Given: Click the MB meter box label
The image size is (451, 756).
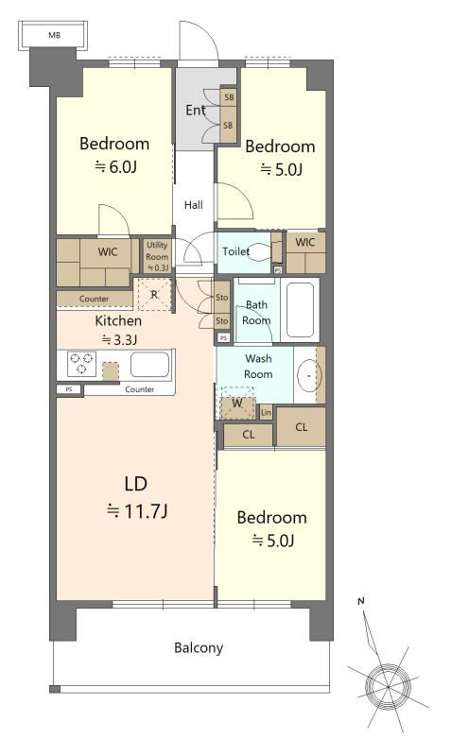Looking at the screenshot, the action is point(55,35).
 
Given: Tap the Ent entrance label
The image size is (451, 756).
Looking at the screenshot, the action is point(196,111).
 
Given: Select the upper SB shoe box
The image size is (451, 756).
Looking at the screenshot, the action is point(229,97).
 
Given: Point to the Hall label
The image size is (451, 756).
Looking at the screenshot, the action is point(194,205).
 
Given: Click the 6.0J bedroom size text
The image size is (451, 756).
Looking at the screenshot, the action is point(115,167).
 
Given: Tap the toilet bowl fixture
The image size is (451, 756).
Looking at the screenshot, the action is point(260,251).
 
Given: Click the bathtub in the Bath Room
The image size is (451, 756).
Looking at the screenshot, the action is point(300,310).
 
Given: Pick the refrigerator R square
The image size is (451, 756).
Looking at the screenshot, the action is point(154,295).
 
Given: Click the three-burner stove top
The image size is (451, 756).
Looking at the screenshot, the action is point(81,364).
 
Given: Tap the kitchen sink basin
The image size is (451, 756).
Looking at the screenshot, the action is point(150,365).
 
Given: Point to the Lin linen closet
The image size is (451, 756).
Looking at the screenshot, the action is point(266,413).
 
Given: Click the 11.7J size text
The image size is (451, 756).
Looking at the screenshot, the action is point(137,510).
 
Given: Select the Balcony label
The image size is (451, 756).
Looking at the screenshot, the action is point(199,647).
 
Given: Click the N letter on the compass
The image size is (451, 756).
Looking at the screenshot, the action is point(361,601).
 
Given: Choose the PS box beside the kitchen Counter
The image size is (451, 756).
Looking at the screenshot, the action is point(69,389).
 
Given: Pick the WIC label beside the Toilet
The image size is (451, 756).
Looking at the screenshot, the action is point(304,243).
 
